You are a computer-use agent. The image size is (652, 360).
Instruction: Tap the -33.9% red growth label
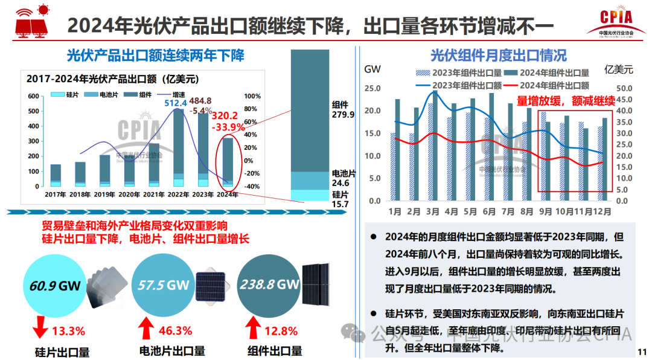pos(228,127)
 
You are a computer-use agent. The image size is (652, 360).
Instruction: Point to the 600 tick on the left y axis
pos(33,96)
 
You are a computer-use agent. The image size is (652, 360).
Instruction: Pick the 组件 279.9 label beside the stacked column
pos(343,109)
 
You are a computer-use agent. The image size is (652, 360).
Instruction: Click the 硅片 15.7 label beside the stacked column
pos(341,199)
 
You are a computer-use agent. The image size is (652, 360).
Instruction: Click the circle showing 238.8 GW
pos(269,285)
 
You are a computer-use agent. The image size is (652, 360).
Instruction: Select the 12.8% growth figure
pos(281,331)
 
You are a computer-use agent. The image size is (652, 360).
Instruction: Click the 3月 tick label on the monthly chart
pos(433,212)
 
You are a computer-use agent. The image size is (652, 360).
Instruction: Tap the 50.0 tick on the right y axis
pos(624,89)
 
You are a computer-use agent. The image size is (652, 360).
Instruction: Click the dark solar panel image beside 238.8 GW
pos(315,284)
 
